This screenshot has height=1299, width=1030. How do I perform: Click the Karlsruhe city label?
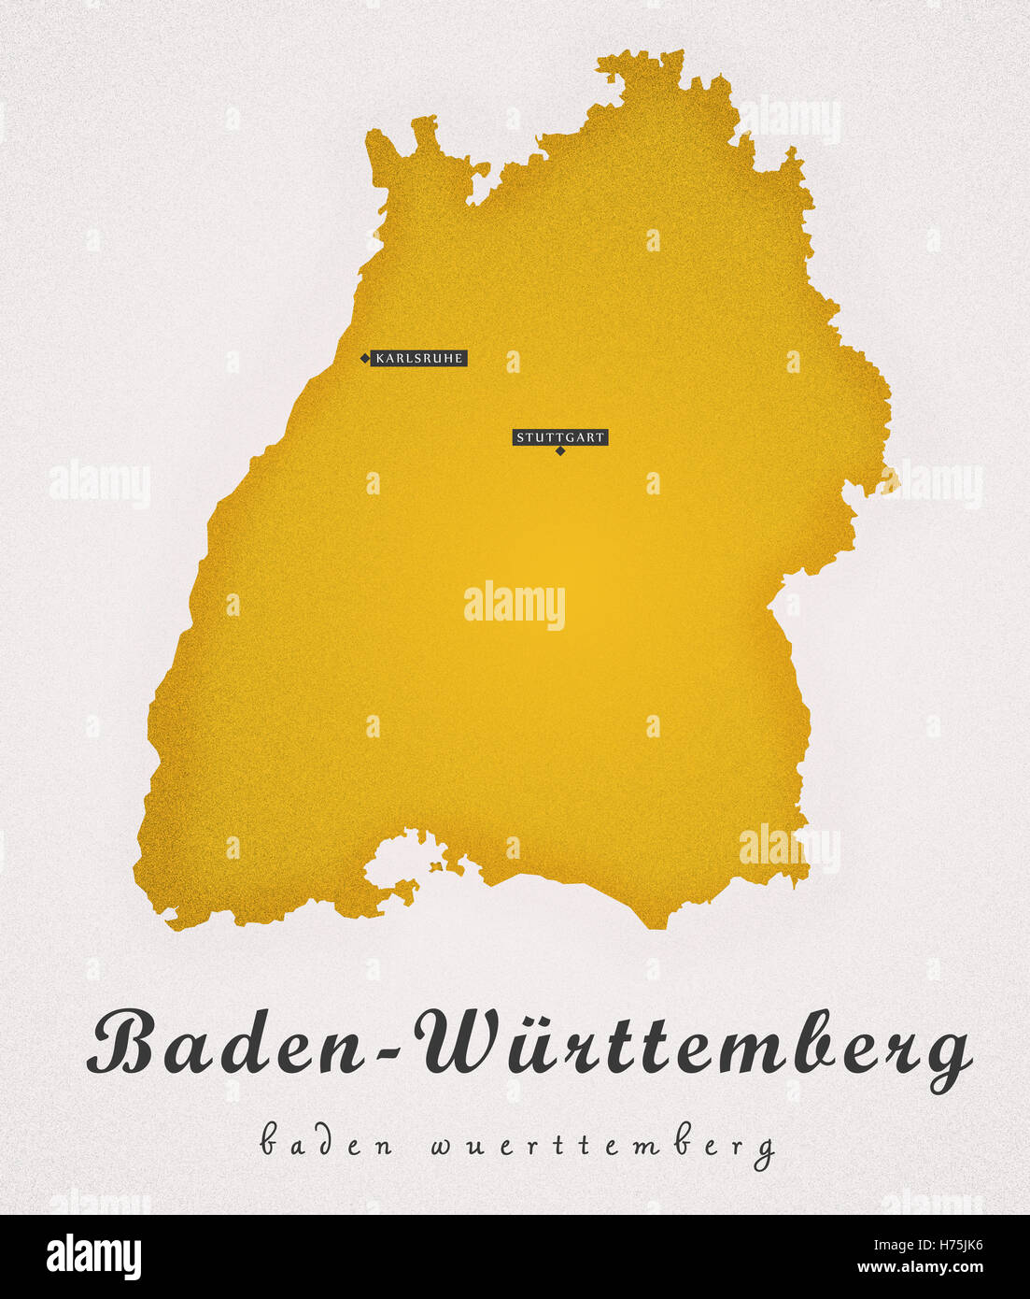click(x=418, y=358)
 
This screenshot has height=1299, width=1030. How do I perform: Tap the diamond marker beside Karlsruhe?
click(x=364, y=358)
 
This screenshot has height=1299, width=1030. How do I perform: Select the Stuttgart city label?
click(x=560, y=436)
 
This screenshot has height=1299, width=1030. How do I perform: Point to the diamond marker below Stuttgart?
click(x=560, y=451)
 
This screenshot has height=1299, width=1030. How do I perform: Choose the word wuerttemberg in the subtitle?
click(x=602, y=1146)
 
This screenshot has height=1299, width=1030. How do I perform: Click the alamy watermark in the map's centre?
click(x=515, y=605)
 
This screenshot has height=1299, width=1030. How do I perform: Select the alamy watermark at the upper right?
click(x=790, y=120)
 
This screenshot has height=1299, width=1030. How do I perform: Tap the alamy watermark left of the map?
click(x=99, y=484)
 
